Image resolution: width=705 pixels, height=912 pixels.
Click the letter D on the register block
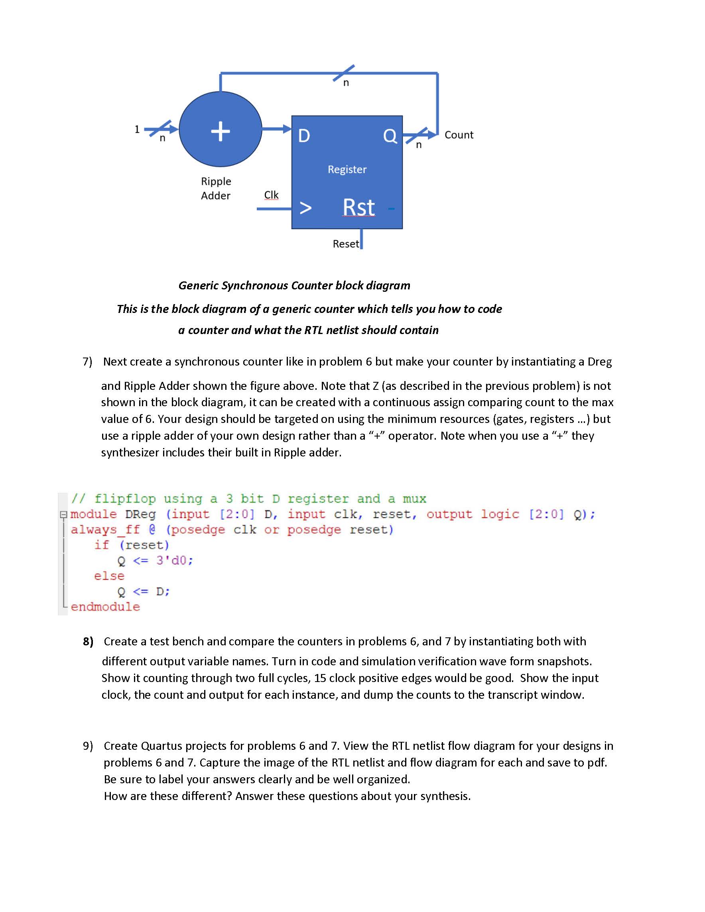[304, 136]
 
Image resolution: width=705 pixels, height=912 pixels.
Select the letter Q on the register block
[390, 136]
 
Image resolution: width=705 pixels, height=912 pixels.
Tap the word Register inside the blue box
[347, 169]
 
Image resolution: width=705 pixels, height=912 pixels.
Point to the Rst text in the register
[358, 207]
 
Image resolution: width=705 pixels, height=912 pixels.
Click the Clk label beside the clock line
[271, 195]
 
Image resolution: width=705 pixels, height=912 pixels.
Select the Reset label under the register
[345, 244]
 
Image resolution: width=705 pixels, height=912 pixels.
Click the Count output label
[459, 135]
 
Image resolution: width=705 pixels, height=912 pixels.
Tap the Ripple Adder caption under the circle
[215, 188]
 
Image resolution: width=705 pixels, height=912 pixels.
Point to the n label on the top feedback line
[346, 83]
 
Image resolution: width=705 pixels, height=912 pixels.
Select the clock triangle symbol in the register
[305, 208]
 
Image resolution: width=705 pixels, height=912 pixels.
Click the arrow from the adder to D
[277, 129]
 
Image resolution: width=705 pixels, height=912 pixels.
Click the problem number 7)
[87, 362]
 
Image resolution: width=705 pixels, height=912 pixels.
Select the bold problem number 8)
[88, 641]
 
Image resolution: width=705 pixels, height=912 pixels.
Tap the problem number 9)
[88, 746]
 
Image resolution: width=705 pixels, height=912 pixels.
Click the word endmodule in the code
[105, 607]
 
